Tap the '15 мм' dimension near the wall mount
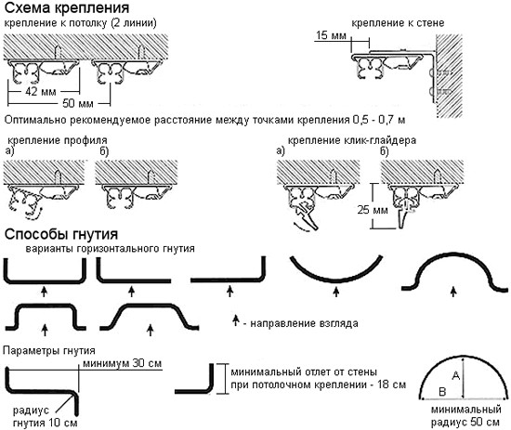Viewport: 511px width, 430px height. click(329, 35)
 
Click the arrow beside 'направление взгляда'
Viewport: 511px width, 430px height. click(234, 322)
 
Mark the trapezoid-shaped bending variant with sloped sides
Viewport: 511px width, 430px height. click(151, 315)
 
